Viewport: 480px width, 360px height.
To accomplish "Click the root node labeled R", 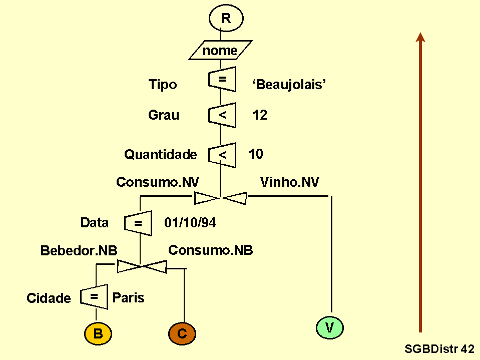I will point(226,19).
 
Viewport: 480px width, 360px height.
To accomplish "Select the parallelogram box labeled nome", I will point(220,51).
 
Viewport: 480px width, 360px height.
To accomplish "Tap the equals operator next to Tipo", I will point(222,79).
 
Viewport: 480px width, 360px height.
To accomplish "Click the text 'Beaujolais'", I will point(289,85).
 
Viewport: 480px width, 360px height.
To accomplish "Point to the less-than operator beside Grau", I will point(222,115).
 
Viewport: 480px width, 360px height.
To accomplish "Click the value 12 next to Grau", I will point(260,115).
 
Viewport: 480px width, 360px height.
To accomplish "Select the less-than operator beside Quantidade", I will point(222,155).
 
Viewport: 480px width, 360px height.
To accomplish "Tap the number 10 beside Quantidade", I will point(256,154).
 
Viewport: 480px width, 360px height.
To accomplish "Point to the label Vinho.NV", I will point(290,182).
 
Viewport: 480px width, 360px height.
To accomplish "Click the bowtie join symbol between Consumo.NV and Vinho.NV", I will point(220,198).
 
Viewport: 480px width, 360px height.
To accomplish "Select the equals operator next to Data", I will point(138,223).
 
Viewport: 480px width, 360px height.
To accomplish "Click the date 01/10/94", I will point(190,223).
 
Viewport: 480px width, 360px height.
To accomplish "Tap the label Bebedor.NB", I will point(79,251).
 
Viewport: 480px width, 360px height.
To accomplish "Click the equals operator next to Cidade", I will point(94,297).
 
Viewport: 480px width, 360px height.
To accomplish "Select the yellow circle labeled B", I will point(98,334).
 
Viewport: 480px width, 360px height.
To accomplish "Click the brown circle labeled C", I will point(182,334).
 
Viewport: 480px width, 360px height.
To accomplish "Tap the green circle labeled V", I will point(330,327).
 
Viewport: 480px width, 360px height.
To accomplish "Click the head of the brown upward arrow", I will point(420,38).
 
